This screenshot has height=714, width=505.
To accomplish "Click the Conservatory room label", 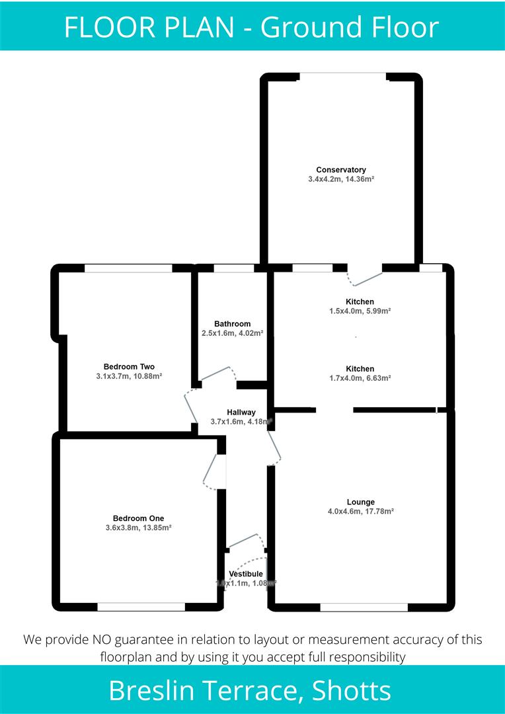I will click(341, 170).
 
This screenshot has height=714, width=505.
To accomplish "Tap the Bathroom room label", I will click(232, 324).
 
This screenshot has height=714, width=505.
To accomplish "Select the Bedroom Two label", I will click(129, 367).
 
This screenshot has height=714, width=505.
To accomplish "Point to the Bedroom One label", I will click(138, 518).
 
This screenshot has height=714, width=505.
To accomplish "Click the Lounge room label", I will click(360, 502).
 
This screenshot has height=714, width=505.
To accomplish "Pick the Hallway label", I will click(241, 413).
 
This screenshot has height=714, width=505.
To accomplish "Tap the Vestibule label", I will click(246, 574).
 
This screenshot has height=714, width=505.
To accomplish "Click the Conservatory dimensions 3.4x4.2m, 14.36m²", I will click(341, 179).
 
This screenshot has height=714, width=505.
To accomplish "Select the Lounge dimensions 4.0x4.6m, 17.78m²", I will click(360, 511).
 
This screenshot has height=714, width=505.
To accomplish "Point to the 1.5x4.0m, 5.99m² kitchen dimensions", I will click(360, 311).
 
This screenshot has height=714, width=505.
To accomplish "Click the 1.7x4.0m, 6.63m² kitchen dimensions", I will click(360, 378).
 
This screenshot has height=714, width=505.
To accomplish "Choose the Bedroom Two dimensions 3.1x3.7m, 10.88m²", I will click(129, 376).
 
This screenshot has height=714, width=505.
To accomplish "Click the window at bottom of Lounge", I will click(364, 607).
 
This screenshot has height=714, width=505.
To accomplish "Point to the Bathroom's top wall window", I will click(234, 268).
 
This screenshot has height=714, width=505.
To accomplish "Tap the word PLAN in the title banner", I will click(202, 27).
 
